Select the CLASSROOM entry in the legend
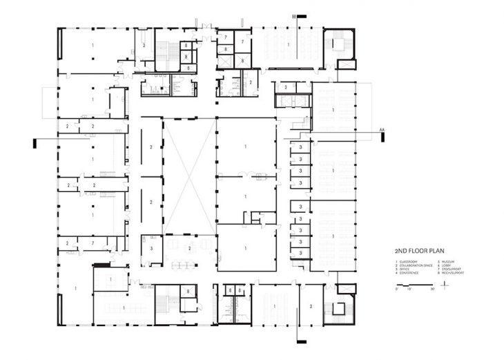pos(407,262)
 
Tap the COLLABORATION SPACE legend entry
pos(412,266)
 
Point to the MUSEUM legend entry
pos(446,262)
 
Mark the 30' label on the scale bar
pos(432,289)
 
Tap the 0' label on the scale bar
pos(396,289)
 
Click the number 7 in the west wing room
pos(93,243)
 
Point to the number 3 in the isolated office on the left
pos(151,247)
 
